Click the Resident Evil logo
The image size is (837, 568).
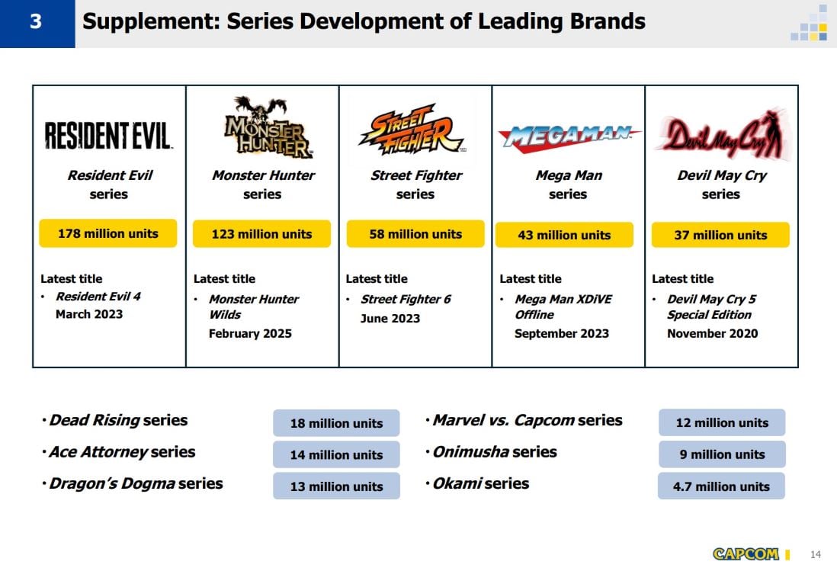pyautogui.click(x=108, y=135)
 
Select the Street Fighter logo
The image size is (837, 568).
pyautogui.click(x=412, y=130)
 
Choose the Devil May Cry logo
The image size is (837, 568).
pyautogui.click(x=720, y=135)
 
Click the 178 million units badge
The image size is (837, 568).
pyautogui.click(x=107, y=233)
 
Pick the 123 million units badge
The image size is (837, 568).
pyautogui.click(x=261, y=234)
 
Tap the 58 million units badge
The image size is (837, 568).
pyautogui.click(x=415, y=234)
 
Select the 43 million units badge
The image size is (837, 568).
pyautogui.click(x=564, y=235)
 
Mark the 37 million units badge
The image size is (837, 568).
pyautogui.click(x=720, y=235)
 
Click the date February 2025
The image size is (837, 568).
pyautogui.click(x=250, y=333)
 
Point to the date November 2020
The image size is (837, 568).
pyautogui.click(x=712, y=333)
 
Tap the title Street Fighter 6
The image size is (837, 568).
pyautogui.click(x=406, y=299)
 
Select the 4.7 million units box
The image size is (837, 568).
pyautogui.click(x=721, y=486)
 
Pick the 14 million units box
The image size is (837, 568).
pyautogui.click(x=336, y=454)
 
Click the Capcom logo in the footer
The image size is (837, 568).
pyautogui.click(x=746, y=554)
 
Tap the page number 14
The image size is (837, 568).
pyautogui.click(x=816, y=554)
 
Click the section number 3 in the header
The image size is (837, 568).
pyautogui.click(x=37, y=22)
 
